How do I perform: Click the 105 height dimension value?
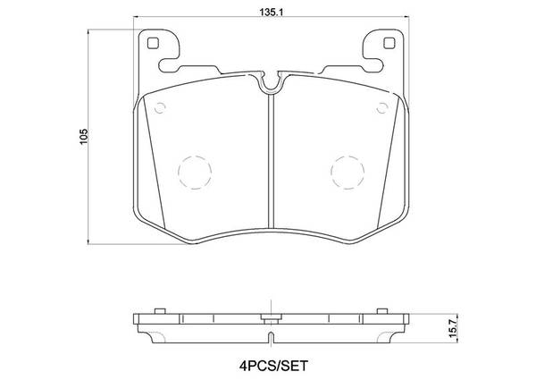point(84,137)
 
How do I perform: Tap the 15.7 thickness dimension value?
point(453,330)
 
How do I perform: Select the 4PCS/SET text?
point(273,366)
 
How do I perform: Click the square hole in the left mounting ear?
point(153,43)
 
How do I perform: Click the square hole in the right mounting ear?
point(389,43)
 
